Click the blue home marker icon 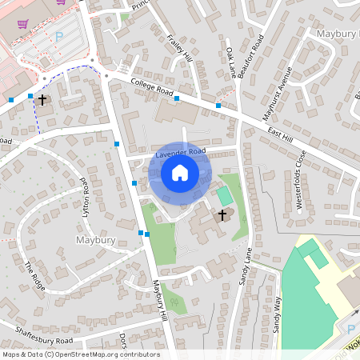click(x=180, y=173)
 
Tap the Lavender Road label click(x=181, y=151)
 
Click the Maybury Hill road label click(x=159, y=300)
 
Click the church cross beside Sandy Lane click(x=223, y=214)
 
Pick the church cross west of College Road click(x=42, y=100)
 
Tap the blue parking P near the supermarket click(x=58, y=36)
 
